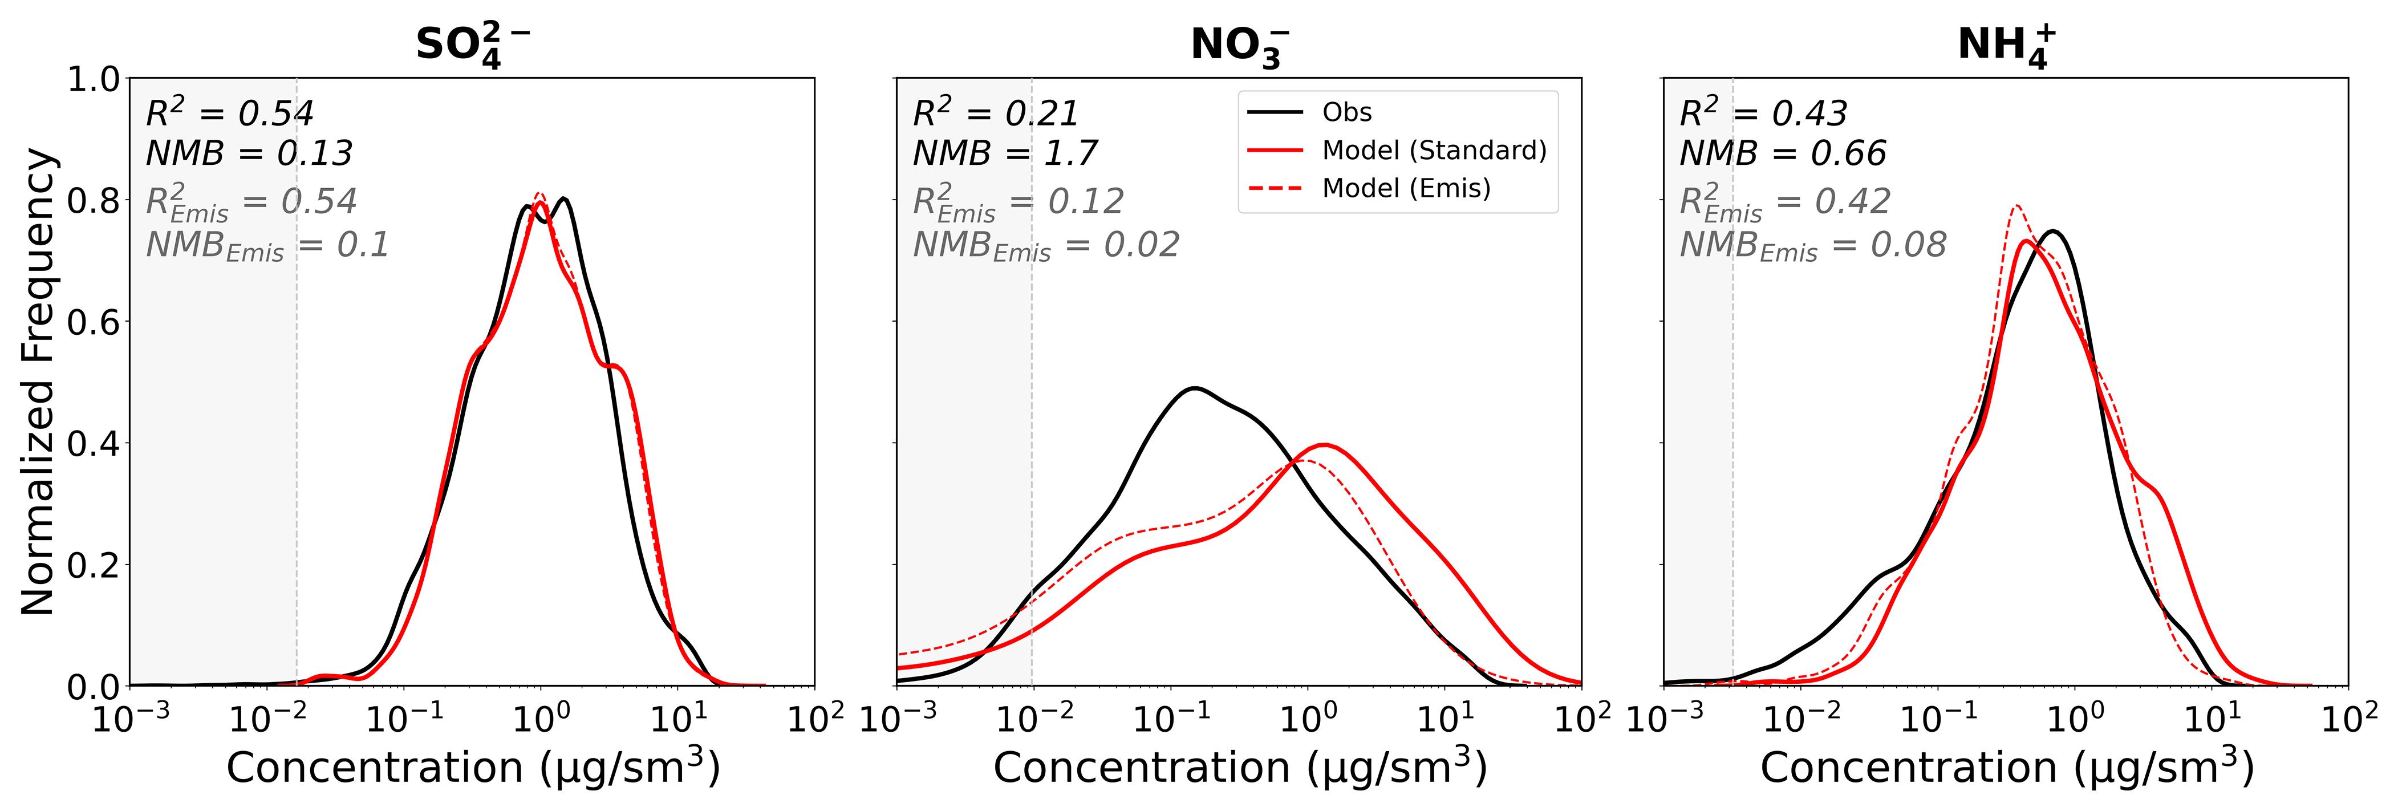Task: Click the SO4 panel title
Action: pos(472,44)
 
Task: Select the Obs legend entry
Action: pos(1346,113)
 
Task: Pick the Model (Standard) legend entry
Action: pos(1434,150)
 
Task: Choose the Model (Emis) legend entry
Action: pos(1406,188)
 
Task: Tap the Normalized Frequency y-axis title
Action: pos(39,382)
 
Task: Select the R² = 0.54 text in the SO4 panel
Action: pos(229,113)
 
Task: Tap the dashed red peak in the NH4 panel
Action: pos(2016,206)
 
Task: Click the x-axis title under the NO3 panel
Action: pos(1239,767)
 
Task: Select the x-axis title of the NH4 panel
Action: pos(2006,767)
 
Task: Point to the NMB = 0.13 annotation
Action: pos(249,153)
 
